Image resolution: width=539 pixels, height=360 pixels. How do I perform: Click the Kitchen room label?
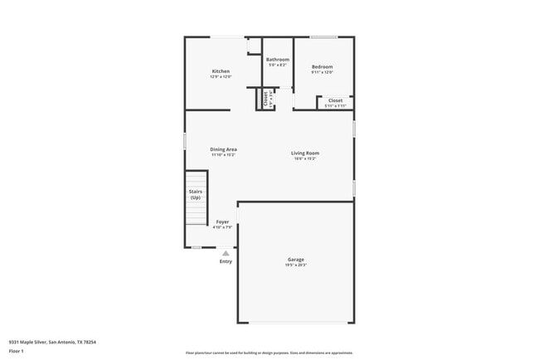[221, 71]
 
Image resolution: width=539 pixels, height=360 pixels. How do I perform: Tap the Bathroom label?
[278, 60]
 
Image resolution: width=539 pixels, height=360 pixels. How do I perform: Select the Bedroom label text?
[323, 66]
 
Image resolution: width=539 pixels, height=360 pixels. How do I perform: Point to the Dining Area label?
[223, 149]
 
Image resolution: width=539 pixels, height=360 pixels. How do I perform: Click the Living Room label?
[305, 153]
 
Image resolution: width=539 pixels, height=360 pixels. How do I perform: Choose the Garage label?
[296, 260]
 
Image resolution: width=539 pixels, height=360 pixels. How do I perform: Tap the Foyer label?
[222, 221]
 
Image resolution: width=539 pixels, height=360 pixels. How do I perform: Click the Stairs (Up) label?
[196, 195]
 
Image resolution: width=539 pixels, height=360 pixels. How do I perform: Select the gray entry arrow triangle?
[226, 253]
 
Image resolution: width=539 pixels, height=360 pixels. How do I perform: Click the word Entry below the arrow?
[226, 261]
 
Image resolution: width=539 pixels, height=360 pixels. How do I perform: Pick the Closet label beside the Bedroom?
[335, 100]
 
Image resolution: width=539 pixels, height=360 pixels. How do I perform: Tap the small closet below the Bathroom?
[265, 100]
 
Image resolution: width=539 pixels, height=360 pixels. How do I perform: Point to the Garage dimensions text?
[296, 265]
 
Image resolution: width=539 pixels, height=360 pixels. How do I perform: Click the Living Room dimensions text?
[305, 158]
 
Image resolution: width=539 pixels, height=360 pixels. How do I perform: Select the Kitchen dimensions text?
[221, 77]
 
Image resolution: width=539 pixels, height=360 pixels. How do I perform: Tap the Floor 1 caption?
[17, 351]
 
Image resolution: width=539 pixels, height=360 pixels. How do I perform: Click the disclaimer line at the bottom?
[269, 353]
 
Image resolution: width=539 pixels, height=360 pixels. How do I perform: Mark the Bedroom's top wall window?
[323, 36]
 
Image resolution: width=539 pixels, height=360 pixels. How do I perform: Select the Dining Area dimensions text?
[223, 155]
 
